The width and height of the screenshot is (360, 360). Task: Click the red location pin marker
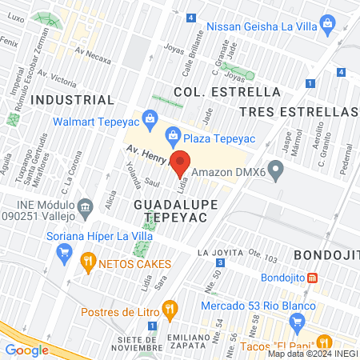pos(181,162)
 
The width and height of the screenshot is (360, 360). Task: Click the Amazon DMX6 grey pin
pos(276,170)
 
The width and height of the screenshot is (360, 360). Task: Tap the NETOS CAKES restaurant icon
pos(87,261)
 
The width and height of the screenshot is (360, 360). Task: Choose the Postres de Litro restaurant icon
pos(169,308)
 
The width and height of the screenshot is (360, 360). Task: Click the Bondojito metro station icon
pos(313,278)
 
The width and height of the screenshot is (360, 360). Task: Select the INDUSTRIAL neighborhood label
pos(72,100)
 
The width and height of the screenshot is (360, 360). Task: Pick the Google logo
pos(26,349)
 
